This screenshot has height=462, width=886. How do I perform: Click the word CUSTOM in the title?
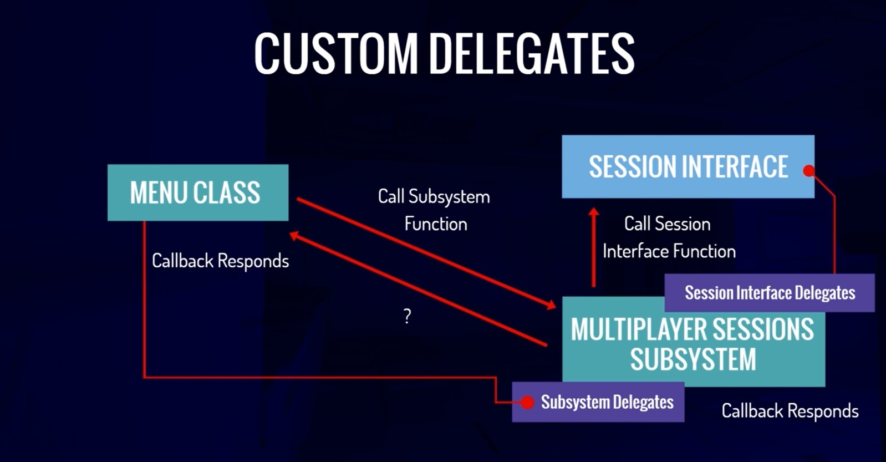click(x=335, y=53)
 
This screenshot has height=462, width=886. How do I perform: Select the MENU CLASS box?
click(x=197, y=192)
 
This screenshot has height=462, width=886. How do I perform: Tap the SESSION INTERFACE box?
click(x=688, y=166)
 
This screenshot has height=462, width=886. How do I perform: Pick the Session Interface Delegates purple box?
click(x=770, y=293)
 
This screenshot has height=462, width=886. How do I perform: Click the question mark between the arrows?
click(x=408, y=316)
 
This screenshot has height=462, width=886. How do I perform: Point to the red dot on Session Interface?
click(x=809, y=171)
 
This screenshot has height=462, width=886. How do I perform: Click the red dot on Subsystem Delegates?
click(x=527, y=402)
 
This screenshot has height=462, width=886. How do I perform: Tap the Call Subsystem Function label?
click(x=434, y=210)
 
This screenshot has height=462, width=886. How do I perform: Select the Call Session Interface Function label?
click(x=669, y=237)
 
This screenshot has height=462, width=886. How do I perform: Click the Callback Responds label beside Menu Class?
click(x=220, y=261)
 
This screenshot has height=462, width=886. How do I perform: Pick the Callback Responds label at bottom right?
click(x=790, y=411)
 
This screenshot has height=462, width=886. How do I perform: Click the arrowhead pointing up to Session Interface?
click(x=594, y=212)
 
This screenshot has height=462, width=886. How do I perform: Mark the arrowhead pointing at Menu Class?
click(x=294, y=236)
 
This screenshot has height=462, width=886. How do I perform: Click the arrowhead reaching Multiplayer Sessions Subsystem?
click(x=551, y=305)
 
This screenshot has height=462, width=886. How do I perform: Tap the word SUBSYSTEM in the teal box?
click(x=693, y=359)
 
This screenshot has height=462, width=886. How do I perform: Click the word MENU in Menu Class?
click(x=159, y=193)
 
